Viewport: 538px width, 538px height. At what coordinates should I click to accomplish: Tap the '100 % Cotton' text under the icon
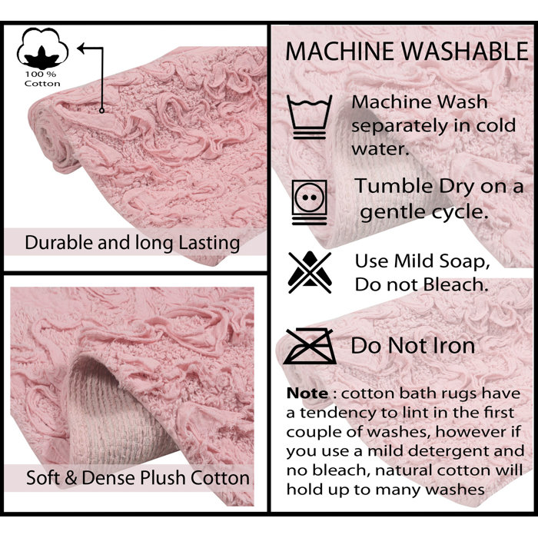click(42, 79)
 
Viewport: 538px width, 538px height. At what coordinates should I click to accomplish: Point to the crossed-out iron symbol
click(309, 345)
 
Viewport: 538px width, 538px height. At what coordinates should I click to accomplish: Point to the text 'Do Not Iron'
click(413, 346)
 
